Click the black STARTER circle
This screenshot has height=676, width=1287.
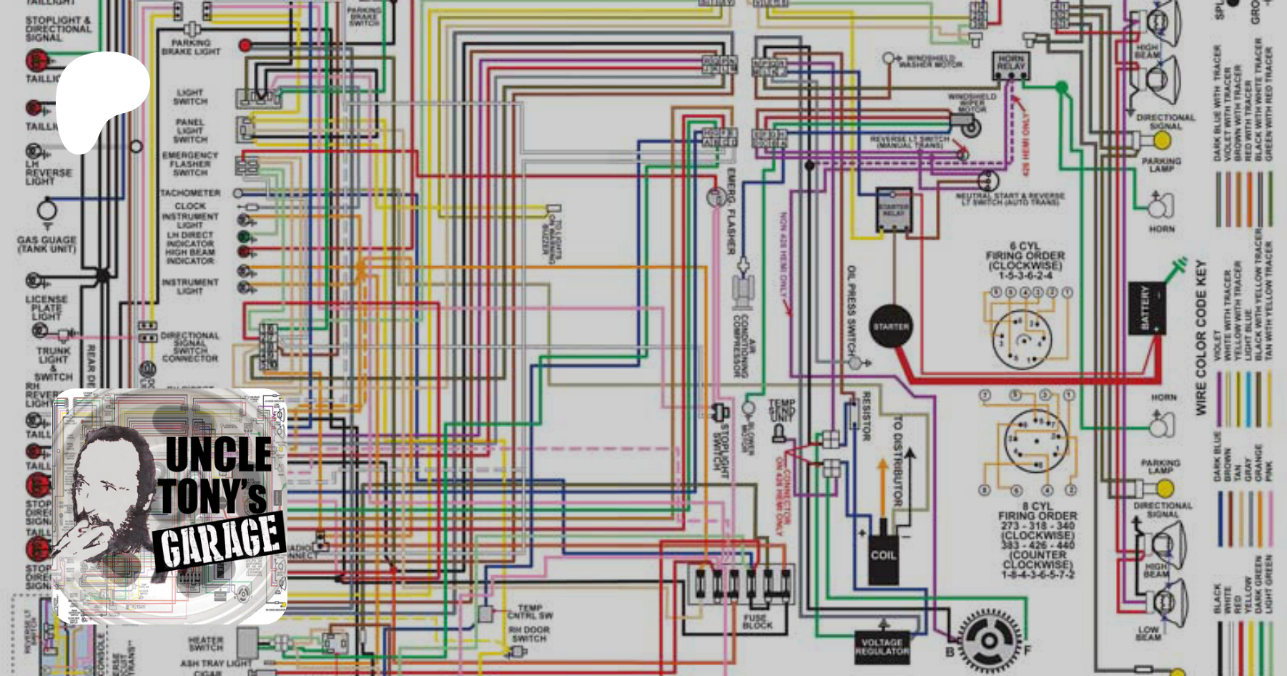coord(890,327)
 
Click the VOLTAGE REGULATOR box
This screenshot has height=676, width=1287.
coord(882,647)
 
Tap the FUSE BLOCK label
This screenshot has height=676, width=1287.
coord(756,621)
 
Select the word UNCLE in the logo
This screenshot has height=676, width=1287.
coord(218,454)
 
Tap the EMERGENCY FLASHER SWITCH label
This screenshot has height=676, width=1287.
coord(189,164)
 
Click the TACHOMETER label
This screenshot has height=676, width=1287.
coord(190,193)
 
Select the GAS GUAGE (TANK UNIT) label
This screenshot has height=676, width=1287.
coord(46,244)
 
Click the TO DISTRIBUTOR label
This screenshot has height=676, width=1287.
coord(897,462)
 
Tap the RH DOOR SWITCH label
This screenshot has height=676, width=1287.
coord(529,635)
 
